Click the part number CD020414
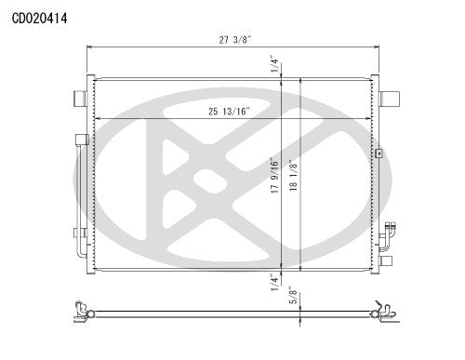click(x=39, y=17)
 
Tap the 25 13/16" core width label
click(x=232, y=112)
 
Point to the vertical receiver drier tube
click(x=81, y=195)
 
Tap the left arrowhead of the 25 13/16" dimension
click(x=97, y=118)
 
